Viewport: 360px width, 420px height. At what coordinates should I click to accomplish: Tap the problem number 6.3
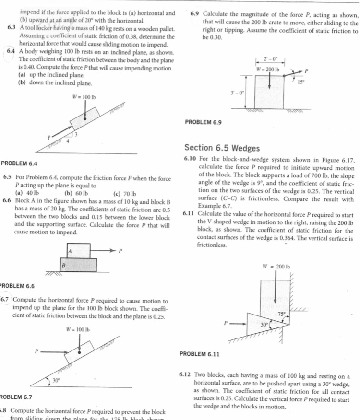point(12,26)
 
